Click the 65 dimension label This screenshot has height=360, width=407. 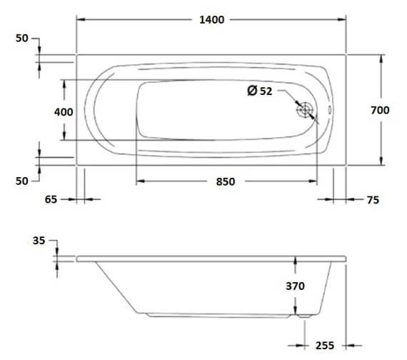click(x=50, y=200)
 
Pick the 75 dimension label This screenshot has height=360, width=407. click(x=373, y=201)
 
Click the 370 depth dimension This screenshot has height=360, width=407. click(x=295, y=286)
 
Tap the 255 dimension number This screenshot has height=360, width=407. click(x=324, y=346)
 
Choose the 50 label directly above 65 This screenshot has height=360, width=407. click(x=22, y=181)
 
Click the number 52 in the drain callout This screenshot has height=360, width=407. click(x=266, y=91)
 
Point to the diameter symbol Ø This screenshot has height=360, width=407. click(x=251, y=91)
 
